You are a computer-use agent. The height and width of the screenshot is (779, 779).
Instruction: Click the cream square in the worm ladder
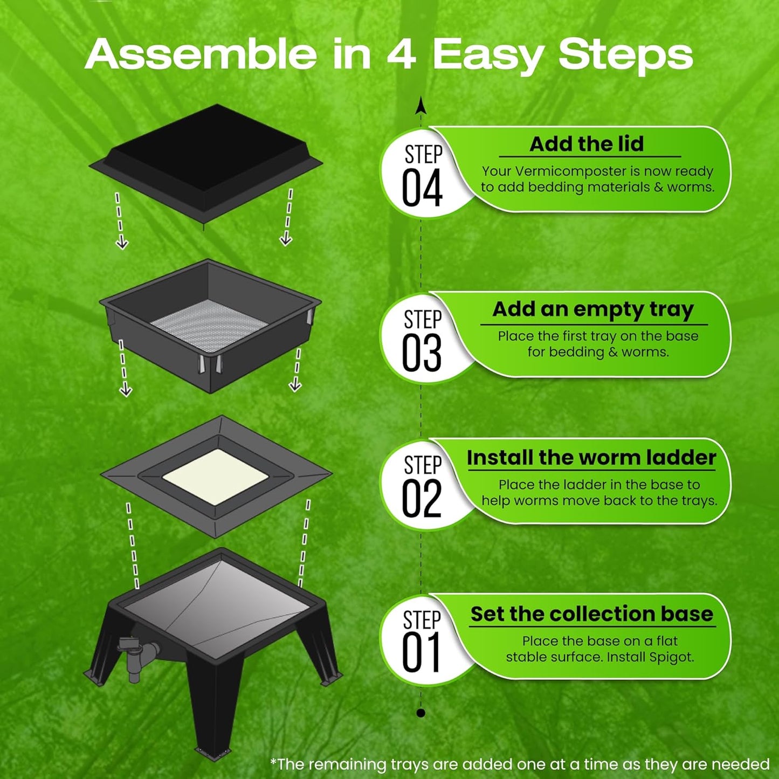click(215, 477)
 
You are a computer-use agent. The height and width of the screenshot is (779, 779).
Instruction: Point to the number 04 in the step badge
click(422, 189)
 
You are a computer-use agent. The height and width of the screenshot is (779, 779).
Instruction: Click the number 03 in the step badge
click(422, 354)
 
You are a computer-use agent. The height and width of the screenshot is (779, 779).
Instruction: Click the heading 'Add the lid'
click(587, 144)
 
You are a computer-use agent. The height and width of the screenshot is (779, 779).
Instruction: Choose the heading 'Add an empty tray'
click(593, 309)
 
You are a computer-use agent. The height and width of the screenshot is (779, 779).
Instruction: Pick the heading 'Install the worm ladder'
click(591, 458)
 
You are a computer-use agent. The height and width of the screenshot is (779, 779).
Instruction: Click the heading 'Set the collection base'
click(591, 614)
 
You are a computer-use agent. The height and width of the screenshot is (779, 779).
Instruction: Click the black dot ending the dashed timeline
click(421, 713)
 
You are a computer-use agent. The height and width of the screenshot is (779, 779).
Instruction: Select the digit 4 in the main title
click(401, 54)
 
